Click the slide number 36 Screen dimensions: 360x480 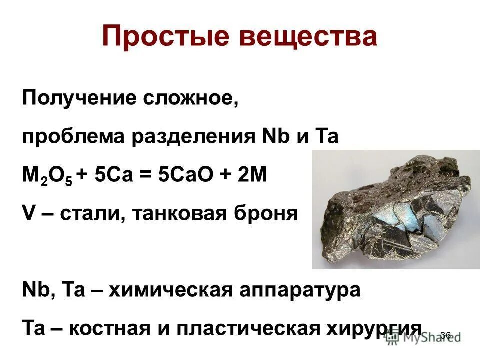pos(446,335)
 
